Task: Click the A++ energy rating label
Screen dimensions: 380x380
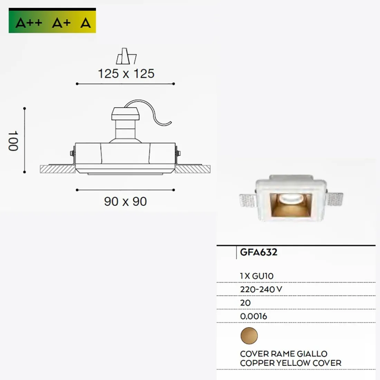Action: click(x=29, y=23)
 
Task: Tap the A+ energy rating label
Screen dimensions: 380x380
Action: click(x=61, y=23)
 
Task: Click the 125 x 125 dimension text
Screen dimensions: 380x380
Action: click(x=126, y=74)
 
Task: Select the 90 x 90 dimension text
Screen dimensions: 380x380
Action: click(x=125, y=201)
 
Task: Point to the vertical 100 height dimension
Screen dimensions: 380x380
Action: click(x=13, y=141)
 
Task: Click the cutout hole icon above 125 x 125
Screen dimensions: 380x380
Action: click(x=126, y=56)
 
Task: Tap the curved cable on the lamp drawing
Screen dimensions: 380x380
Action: click(x=155, y=112)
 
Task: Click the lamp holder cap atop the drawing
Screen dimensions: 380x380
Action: click(x=125, y=113)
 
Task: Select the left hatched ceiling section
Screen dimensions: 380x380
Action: click(x=57, y=169)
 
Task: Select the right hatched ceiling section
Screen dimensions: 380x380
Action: click(x=193, y=169)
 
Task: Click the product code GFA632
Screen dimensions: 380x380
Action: click(x=259, y=252)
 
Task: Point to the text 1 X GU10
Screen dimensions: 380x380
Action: click(x=257, y=276)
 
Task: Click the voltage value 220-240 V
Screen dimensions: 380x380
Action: click(x=261, y=289)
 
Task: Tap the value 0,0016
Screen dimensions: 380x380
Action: click(x=254, y=316)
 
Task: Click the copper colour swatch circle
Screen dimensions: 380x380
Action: click(x=249, y=336)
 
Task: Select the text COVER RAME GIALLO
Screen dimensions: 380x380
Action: click(x=284, y=354)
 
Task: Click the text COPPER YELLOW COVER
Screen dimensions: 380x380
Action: click(x=291, y=363)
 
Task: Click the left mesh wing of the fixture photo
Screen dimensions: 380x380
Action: click(x=247, y=200)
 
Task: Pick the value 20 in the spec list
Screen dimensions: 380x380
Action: click(x=245, y=303)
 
